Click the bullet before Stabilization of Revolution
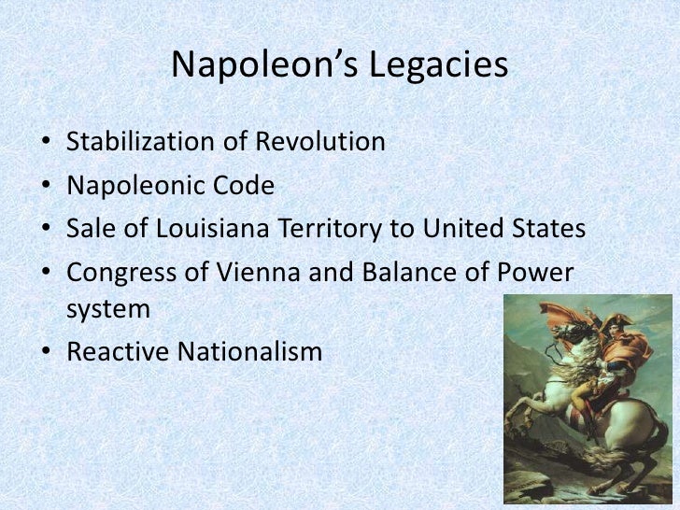point(47,144)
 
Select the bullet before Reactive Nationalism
point(47,353)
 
